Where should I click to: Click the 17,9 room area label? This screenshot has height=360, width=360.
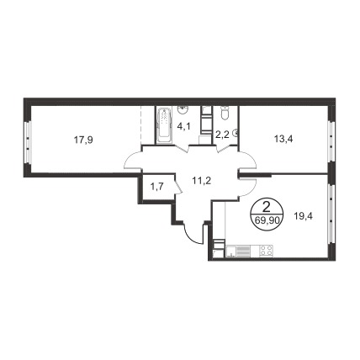point(83,140)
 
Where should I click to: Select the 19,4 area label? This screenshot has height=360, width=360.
point(303,216)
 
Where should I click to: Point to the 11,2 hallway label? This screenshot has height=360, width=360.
point(201,181)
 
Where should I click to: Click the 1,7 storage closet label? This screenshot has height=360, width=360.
point(157,186)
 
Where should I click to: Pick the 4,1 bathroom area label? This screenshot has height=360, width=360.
point(183,127)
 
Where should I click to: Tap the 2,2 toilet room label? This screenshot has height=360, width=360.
point(222,135)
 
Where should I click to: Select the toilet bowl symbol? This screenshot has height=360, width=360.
point(225,114)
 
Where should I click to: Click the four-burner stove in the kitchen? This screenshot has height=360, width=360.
point(267,251)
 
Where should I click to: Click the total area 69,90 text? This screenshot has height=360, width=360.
point(267,220)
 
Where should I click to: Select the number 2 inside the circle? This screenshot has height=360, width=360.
point(267,208)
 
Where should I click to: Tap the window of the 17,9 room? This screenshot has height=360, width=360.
point(28,143)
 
